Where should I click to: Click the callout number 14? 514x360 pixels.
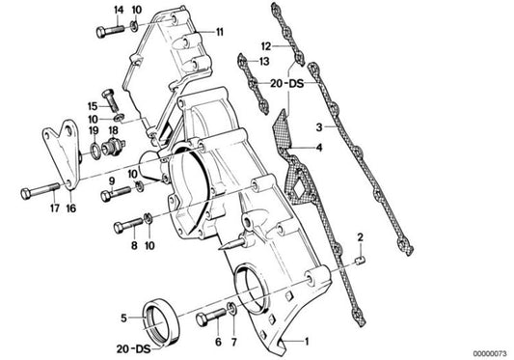[119, 11]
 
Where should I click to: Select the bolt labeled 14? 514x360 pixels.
[111, 31]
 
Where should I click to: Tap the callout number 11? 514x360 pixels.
[219, 32]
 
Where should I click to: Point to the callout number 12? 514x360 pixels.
[266, 46]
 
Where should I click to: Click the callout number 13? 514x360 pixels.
[264, 62]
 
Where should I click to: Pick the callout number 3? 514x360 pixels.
[319, 127]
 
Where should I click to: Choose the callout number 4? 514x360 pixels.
[319, 148]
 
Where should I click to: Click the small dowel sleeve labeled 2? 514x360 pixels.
[361, 261]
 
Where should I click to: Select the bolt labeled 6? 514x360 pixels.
[211, 317]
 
